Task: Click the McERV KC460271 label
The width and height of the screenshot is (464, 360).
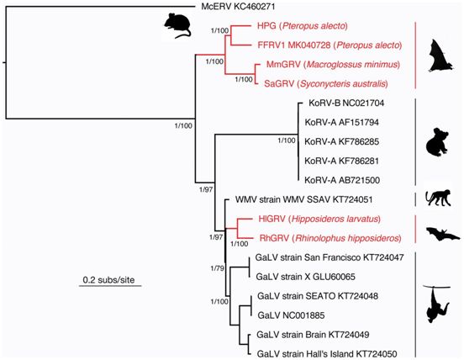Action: point(238,7)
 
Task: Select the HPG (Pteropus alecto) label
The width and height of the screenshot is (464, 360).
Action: point(303,26)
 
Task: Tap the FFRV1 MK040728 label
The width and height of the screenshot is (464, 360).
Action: point(294,45)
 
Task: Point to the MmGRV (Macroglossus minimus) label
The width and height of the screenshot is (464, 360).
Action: point(333,64)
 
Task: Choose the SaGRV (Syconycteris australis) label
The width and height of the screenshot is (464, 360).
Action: point(326,84)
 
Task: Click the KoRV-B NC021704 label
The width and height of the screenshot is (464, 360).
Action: point(346,103)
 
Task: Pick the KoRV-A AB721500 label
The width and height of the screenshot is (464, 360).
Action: point(342,180)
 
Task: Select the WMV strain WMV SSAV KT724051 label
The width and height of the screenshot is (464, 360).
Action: point(303,199)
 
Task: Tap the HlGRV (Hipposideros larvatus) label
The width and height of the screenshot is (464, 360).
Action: point(319,219)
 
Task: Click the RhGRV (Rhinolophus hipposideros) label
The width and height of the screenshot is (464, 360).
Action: point(330,238)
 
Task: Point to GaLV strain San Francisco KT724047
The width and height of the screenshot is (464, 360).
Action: point(330,257)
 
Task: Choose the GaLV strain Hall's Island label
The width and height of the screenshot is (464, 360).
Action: point(327,354)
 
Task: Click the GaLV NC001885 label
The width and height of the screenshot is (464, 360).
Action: point(291,315)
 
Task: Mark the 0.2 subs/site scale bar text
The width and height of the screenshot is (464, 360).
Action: point(108,280)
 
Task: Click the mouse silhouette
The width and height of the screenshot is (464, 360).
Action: point(177,26)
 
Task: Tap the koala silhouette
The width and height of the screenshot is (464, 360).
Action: point(437,142)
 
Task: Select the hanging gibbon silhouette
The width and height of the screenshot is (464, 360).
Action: point(437,304)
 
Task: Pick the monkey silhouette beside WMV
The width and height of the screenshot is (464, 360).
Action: point(438,198)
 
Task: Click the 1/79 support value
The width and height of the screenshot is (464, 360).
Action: point(217,268)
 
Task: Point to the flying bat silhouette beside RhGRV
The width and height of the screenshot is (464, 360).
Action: point(443,234)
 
